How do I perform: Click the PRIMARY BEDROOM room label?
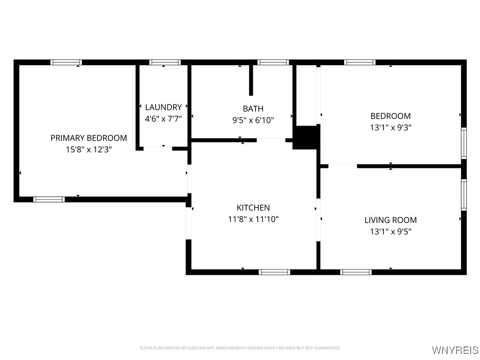(89, 138)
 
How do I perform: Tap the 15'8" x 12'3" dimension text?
(89, 150)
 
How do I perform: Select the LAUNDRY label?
(164, 107)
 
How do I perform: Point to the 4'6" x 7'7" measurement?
(164, 119)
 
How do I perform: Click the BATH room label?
(253, 109)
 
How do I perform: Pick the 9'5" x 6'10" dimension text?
(253, 120)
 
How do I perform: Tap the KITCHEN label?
(253, 208)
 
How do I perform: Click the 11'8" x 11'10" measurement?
(253, 219)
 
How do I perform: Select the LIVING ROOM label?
(390, 220)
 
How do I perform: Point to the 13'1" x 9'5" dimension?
(390, 232)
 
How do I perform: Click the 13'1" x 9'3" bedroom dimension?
(390, 127)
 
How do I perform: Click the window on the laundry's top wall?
(165, 62)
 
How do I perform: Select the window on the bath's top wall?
(273, 62)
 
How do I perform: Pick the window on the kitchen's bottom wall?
(274, 272)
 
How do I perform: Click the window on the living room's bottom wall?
(356, 272)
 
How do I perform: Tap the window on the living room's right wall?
(464, 195)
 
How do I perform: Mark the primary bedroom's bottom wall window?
(49, 200)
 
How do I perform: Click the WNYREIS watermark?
(455, 350)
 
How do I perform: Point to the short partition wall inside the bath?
(251, 80)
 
